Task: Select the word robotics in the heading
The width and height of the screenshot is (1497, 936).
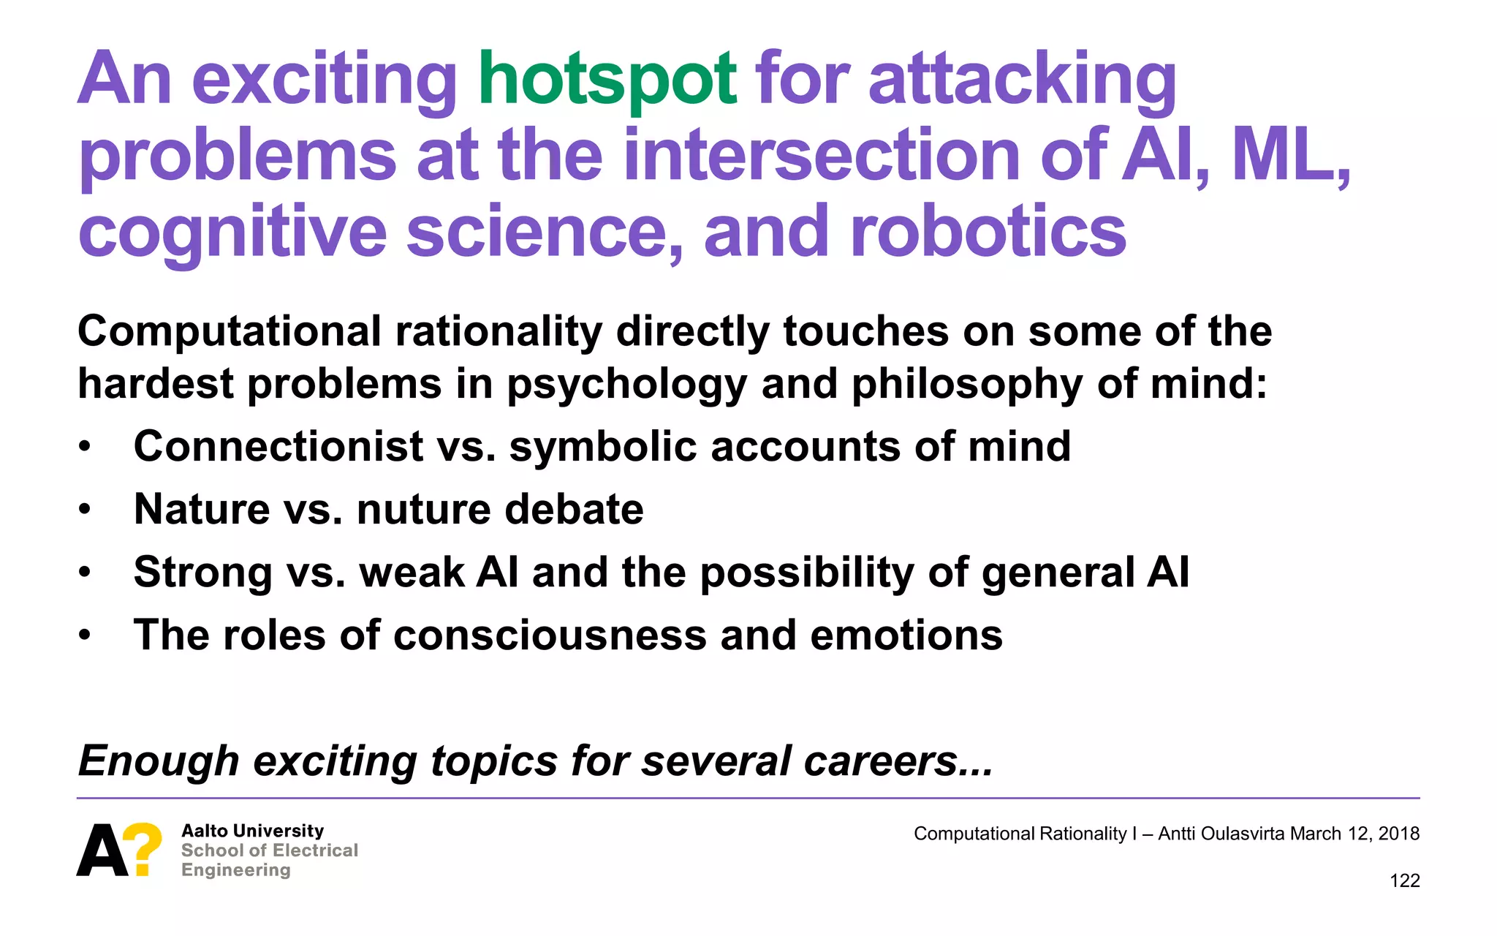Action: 988,232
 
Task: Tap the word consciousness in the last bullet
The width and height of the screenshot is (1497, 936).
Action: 550,635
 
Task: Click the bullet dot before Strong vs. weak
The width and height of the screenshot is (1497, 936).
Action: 86,573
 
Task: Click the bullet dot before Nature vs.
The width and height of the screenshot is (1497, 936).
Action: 86,510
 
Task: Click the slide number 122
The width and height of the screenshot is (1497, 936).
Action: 1404,880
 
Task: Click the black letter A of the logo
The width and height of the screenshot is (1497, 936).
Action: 102,850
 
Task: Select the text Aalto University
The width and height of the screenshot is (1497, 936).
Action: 252,831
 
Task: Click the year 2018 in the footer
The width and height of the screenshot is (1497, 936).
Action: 1398,834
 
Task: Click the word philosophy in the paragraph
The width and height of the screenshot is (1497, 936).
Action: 966,385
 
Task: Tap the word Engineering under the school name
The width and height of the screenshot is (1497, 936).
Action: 236,869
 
